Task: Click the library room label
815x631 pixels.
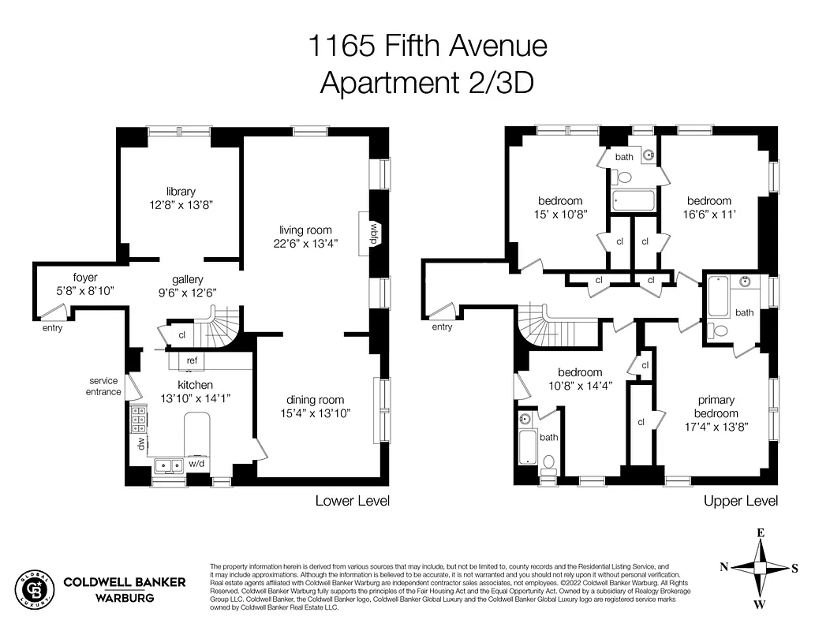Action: click(181, 192)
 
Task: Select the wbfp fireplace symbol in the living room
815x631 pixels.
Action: click(376, 233)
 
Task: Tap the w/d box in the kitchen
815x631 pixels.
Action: click(197, 464)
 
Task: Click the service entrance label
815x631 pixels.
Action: click(104, 386)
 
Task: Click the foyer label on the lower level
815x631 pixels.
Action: click(85, 277)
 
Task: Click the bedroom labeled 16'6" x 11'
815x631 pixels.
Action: click(708, 200)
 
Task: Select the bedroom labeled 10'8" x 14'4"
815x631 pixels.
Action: click(580, 372)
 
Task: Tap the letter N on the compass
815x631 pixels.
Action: click(724, 566)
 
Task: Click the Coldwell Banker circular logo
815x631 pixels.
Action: click(34, 589)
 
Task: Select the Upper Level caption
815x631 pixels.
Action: click(740, 501)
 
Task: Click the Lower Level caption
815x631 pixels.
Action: click(352, 501)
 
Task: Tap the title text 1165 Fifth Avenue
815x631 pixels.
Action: click(427, 46)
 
